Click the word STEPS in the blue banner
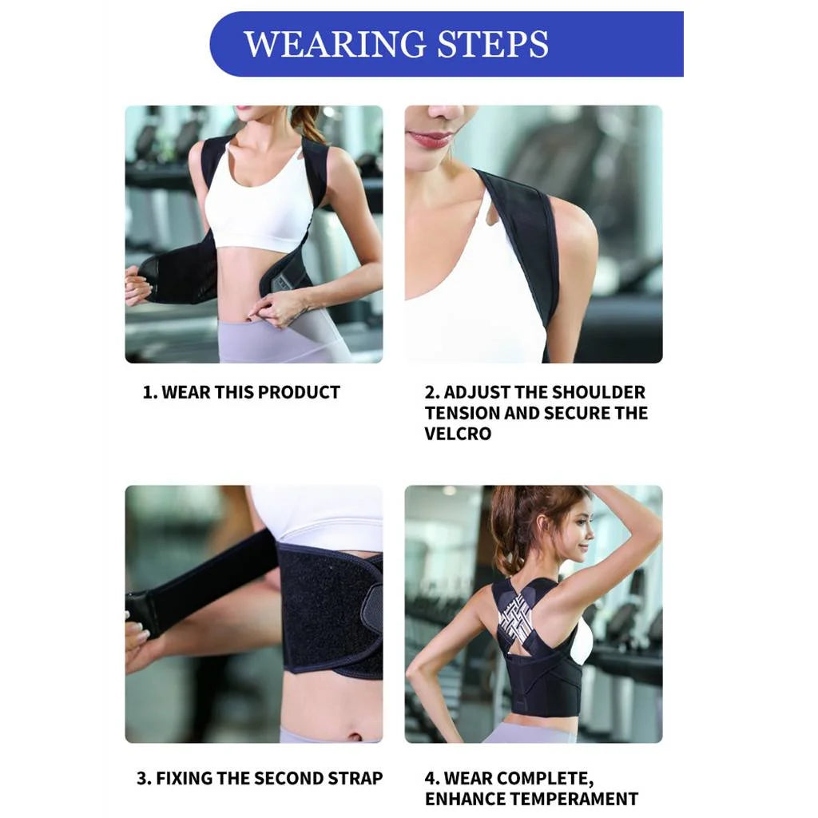(495, 44)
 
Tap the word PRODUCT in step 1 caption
(299, 392)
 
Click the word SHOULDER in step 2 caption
(600, 392)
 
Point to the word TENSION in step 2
(459, 413)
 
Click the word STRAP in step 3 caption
(357, 778)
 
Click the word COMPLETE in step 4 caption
(545, 778)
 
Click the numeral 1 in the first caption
(147, 392)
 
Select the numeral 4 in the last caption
(430, 778)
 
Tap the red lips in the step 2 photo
(431, 139)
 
